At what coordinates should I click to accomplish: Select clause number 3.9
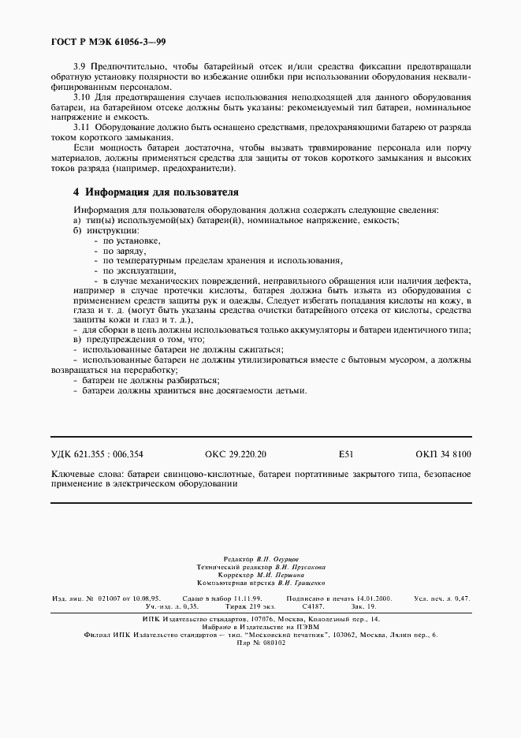80,66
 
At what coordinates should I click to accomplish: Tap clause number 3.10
82,96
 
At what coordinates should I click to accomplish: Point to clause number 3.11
82,126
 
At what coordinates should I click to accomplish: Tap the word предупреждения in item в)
120,339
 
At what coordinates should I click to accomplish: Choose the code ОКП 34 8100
443,454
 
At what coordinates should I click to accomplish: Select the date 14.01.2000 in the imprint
377,599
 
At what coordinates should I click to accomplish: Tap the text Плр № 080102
261,643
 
